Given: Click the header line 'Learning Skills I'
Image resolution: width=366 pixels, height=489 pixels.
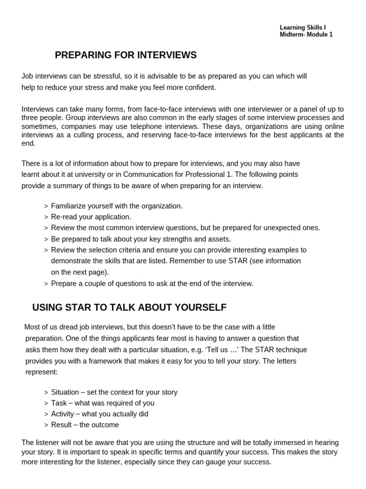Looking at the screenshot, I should [303, 28].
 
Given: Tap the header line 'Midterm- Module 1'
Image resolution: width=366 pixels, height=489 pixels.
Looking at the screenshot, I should [306, 35].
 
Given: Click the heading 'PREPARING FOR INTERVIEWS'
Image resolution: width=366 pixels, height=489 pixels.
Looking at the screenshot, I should [126, 55].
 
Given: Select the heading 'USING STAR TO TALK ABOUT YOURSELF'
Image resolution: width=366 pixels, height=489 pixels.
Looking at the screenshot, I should [129, 308].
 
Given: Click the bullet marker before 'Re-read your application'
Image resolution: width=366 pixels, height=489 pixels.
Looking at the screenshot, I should [46, 217].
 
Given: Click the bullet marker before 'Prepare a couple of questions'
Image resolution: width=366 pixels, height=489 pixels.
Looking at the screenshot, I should [46, 284].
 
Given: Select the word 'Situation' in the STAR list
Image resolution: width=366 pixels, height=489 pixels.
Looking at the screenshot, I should [65, 392].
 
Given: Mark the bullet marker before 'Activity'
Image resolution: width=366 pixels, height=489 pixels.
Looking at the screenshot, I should [46, 415].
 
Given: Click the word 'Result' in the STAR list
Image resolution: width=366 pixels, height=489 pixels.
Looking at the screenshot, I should [61, 425].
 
